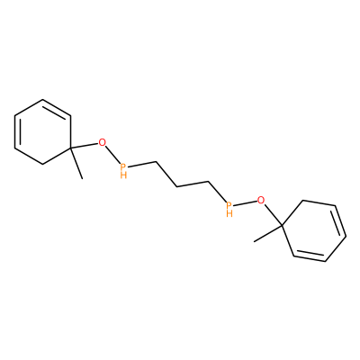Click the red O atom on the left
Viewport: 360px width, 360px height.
(x=103, y=142)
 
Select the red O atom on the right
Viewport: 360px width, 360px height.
(x=262, y=199)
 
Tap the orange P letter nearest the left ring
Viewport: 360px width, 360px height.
(x=123, y=166)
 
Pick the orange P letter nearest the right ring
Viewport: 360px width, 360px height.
(x=229, y=205)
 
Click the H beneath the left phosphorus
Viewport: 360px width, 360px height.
(x=123, y=175)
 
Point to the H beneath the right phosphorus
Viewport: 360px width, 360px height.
(x=229, y=213)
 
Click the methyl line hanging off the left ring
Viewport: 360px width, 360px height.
(x=76, y=163)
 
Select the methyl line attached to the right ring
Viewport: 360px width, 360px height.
(x=268, y=233)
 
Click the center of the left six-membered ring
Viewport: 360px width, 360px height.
(x=43, y=131)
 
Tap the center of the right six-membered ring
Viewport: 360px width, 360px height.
(x=314, y=230)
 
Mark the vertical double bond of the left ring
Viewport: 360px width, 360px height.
(x=17, y=131)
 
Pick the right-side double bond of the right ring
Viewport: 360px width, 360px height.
(x=339, y=220)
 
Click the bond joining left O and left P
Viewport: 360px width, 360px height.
(x=112, y=154)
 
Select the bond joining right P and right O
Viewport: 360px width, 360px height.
(x=245, y=202)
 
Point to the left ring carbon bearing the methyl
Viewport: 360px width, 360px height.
(x=70, y=148)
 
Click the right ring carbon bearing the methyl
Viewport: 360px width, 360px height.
(x=282, y=224)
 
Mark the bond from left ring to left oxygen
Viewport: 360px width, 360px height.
(x=85, y=146)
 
